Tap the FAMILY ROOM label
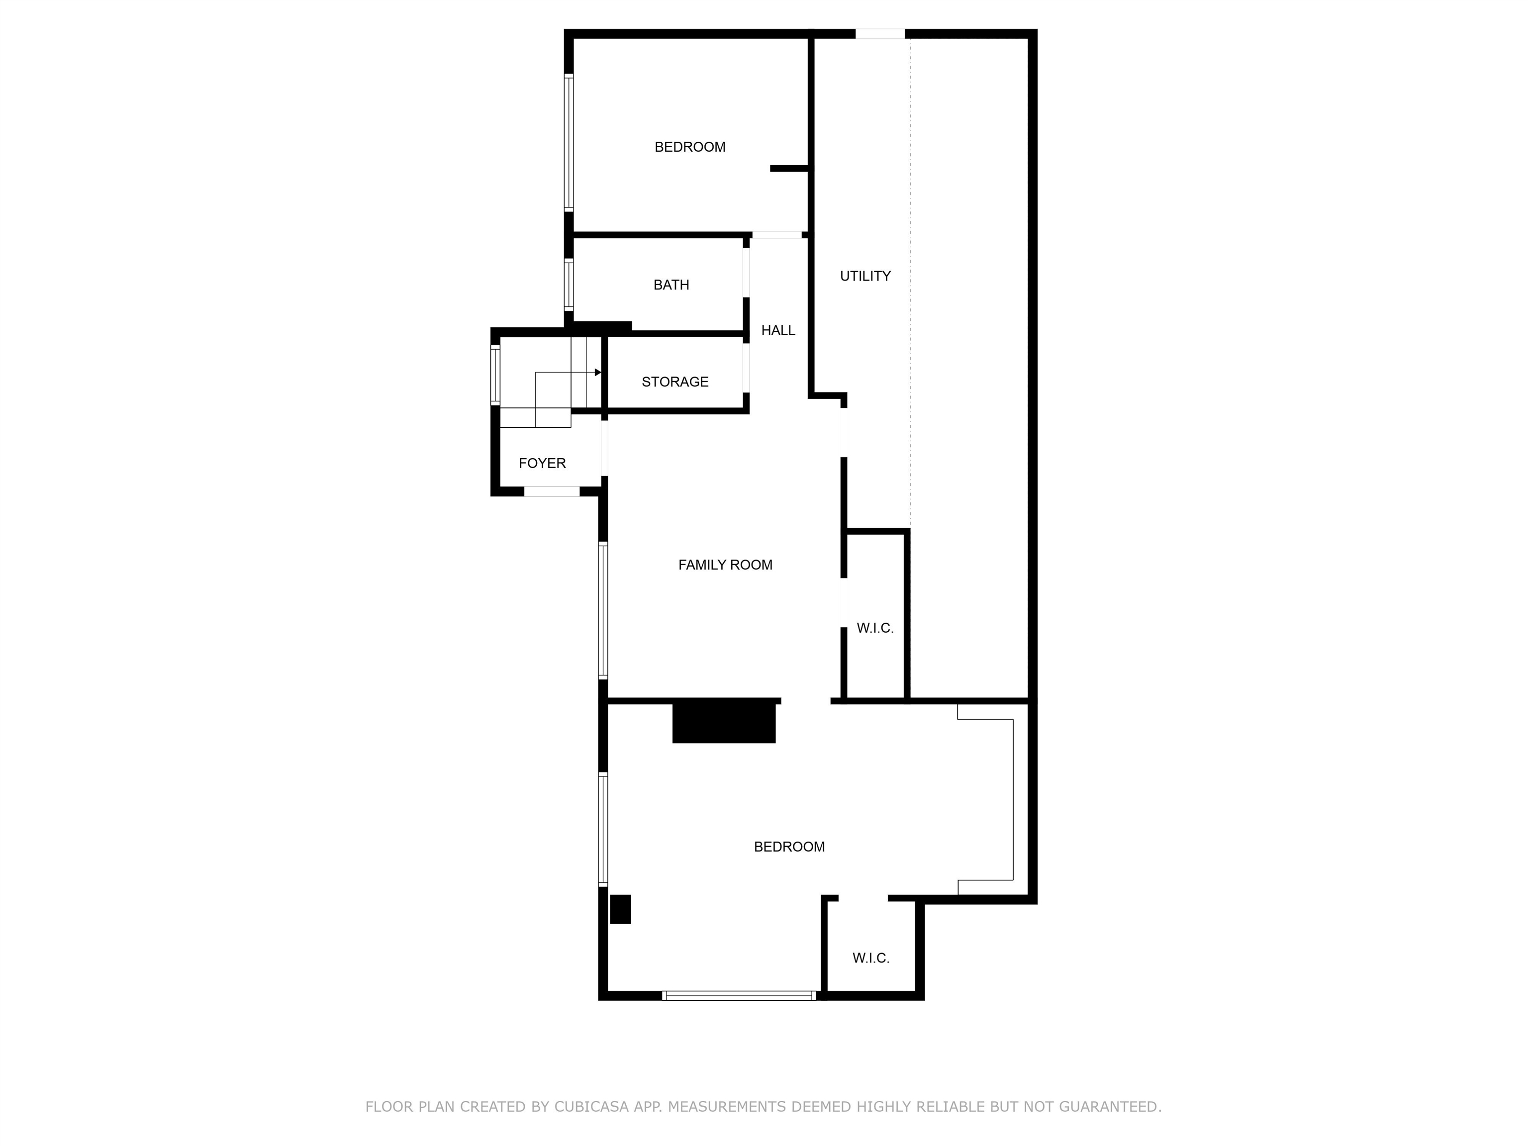pos(725,565)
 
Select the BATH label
pos(671,285)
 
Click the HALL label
pos(778,331)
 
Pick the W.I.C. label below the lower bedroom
pos(870,958)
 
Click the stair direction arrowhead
pos(597,373)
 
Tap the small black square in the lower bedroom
pos(620,909)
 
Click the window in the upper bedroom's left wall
pos(569,142)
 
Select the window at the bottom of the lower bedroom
pos(739,995)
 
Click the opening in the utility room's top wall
pos(879,34)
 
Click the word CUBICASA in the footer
pos(591,1107)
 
